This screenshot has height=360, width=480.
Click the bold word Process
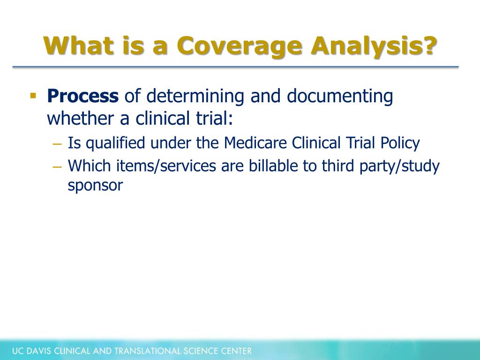point(83,96)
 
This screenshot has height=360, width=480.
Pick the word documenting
point(340,96)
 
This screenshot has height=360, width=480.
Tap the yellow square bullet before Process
point(33,96)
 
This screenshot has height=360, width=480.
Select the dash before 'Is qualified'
point(58,143)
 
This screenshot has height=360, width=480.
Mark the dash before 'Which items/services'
point(58,166)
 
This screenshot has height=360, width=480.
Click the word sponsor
point(95,186)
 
